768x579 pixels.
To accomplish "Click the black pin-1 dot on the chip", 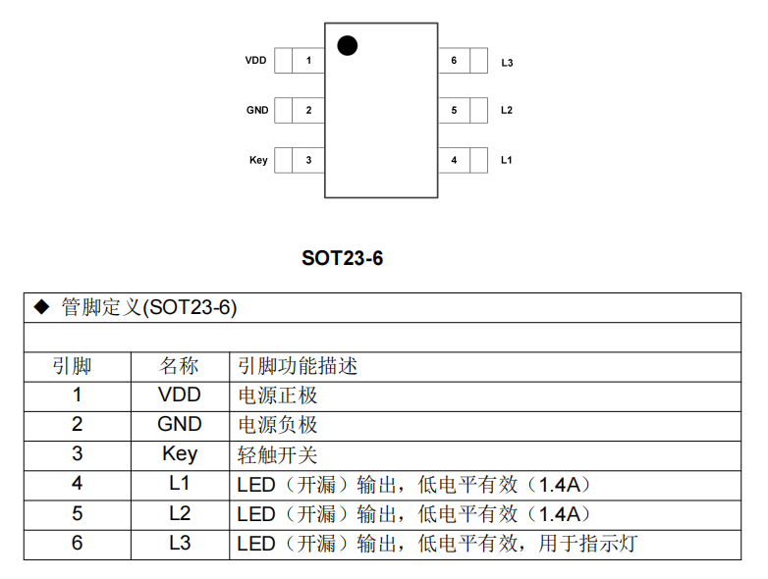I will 347,45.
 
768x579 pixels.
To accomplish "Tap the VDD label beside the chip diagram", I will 255,61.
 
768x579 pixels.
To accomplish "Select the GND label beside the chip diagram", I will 256,110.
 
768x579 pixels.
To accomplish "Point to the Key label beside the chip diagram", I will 258,159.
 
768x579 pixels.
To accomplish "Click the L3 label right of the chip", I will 507,63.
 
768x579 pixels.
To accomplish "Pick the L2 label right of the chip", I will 507,110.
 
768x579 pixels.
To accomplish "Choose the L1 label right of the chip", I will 507,159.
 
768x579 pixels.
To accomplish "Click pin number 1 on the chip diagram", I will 308,61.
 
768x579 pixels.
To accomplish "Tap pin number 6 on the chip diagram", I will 454,61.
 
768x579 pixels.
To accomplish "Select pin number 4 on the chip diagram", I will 454,159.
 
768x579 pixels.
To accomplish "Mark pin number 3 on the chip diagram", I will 308,159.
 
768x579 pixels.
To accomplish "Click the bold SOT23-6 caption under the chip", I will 342,259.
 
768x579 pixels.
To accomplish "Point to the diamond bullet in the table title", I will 41,307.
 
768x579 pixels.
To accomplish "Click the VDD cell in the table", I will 179,395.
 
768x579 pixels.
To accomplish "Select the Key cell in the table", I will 179,454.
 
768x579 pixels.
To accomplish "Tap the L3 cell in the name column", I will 179,543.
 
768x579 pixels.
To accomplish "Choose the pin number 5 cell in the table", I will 78,513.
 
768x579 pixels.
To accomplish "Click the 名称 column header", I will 179,366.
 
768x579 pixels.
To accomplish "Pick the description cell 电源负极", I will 278,425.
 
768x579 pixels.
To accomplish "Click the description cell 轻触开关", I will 278,454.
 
